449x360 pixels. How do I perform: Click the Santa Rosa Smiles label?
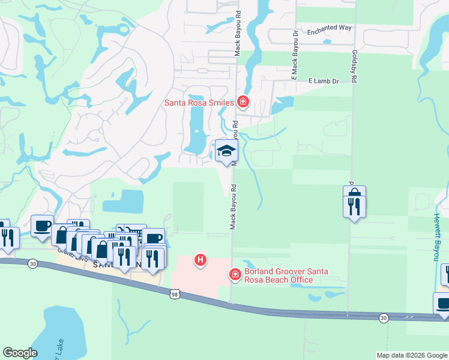(x=199, y=103)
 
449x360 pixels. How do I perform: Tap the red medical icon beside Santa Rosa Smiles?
(x=243, y=102)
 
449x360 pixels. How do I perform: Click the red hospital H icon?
(x=200, y=260)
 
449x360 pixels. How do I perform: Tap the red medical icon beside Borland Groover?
(x=235, y=275)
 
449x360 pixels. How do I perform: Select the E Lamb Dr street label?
(x=324, y=80)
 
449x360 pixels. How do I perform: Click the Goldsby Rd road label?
(x=355, y=67)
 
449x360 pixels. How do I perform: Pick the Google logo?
(x=20, y=353)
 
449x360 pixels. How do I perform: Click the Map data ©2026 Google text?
(x=412, y=355)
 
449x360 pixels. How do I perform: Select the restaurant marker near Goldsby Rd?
(x=354, y=207)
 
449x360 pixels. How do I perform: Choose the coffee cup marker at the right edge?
(x=443, y=303)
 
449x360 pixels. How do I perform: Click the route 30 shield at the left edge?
(x=32, y=262)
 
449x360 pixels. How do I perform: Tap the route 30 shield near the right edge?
(x=384, y=317)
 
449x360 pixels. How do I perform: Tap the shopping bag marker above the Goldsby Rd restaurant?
(x=354, y=193)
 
